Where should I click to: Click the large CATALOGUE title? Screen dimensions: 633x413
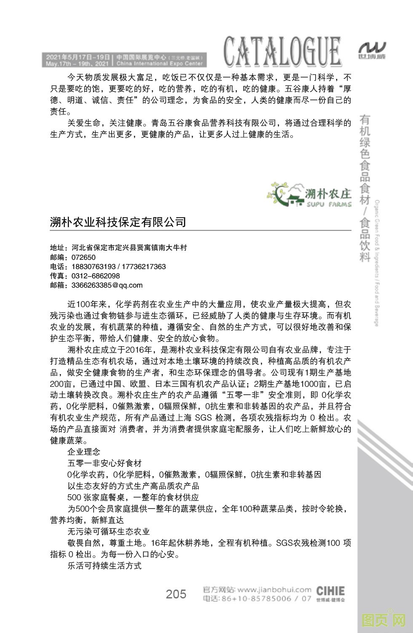tap(282, 52)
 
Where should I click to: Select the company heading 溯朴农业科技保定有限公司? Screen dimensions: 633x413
tap(118, 222)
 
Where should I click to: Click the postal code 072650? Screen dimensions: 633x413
tap(83, 257)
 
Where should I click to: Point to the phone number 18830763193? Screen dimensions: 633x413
tap(94, 267)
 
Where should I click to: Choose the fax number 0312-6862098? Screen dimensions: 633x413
tap(96, 276)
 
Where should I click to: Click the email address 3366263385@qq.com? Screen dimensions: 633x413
tap(107, 285)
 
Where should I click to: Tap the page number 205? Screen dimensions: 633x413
tap(176, 594)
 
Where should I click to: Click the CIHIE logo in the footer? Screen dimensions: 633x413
tap(330, 592)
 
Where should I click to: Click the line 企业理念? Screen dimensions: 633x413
tap(84, 452)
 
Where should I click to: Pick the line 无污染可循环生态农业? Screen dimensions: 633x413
tap(109, 531)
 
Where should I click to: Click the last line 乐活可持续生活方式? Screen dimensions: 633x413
tap(104, 566)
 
